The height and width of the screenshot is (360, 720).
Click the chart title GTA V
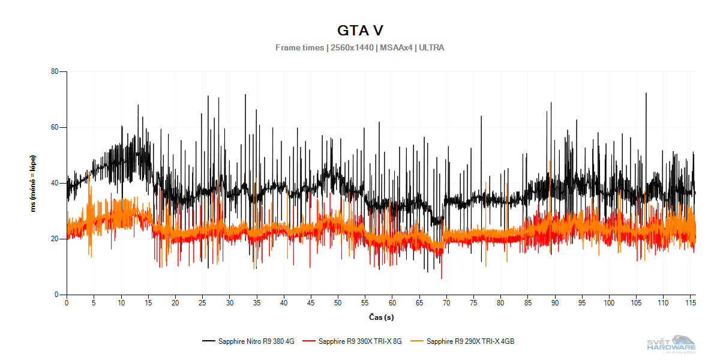tap(360, 31)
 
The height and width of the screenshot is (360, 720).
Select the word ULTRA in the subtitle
tap(431, 47)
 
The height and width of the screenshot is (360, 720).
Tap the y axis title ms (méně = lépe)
tap(34, 183)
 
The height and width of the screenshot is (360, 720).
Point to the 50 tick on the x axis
tap(338, 304)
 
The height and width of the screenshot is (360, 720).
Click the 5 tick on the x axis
tap(94, 304)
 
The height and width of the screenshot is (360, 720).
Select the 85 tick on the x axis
tap(528, 304)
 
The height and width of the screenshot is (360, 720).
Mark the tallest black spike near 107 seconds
tap(646, 94)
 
